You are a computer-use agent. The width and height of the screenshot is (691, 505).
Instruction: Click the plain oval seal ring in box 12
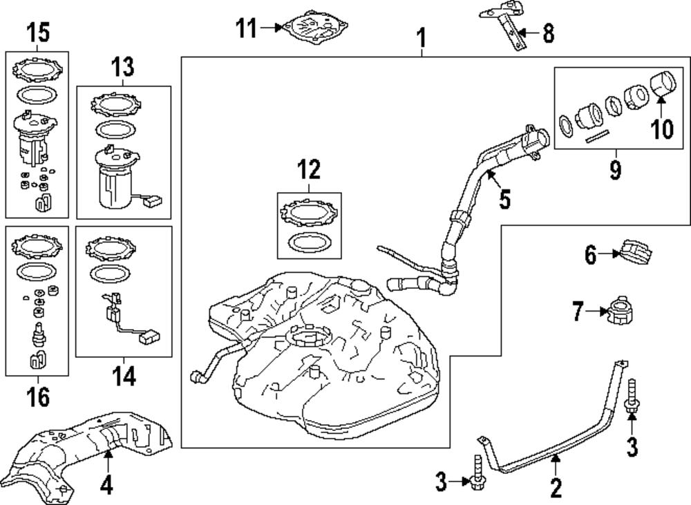click(x=309, y=242)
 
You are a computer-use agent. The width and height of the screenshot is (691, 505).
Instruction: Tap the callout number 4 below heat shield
click(x=106, y=486)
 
